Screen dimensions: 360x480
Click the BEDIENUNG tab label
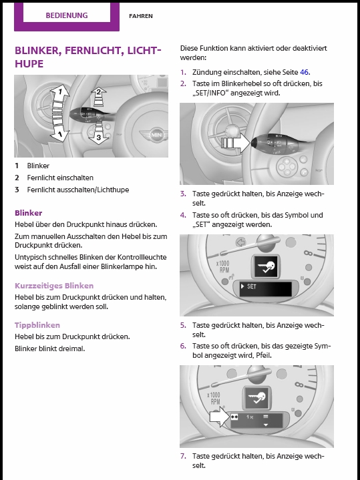point(67,15)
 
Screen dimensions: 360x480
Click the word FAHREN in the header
point(141,16)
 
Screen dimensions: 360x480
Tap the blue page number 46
point(304,72)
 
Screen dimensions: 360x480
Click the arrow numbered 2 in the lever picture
point(98,97)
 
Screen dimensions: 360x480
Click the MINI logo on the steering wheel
point(154,135)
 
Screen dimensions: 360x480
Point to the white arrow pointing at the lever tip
point(236,143)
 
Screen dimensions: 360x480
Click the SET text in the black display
point(251,286)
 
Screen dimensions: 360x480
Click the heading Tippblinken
point(37,325)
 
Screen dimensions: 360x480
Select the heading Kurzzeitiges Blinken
point(54,286)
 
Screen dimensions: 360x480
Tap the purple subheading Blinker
point(29,213)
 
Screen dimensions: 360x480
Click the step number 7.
point(183,456)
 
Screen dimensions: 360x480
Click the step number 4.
point(183,215)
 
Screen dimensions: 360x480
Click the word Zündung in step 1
point(204,73)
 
